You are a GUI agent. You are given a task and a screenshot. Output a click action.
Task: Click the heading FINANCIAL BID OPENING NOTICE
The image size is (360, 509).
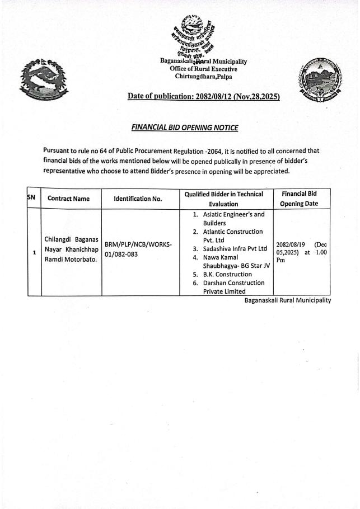(184, 128)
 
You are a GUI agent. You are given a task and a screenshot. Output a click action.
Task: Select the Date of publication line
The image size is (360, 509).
(203, 97)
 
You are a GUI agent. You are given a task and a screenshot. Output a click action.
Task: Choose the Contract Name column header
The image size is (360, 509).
(68, 199)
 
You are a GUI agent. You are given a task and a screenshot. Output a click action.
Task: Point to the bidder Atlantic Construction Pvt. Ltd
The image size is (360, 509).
(232, 235)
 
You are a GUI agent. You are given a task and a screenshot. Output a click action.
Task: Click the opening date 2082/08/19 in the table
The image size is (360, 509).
(292, 244)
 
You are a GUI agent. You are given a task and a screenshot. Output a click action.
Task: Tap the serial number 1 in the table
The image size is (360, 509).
(34, 253)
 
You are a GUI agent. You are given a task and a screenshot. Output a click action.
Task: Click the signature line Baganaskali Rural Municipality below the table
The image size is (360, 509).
(287, 300)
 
